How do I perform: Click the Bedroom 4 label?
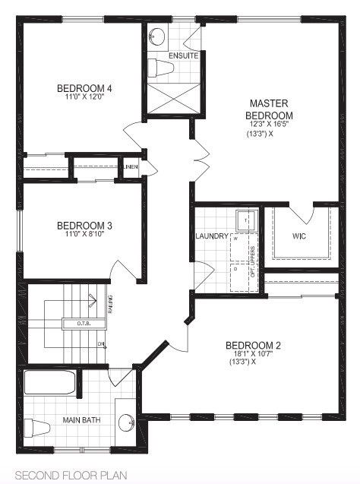[84, 88]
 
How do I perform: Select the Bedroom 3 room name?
[84, 225]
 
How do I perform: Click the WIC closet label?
[299, 236]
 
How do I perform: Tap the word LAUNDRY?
[211, 236]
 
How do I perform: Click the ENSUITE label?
[183, 56]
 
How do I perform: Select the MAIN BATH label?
[83, 420]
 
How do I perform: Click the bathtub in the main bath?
[50, 382]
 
